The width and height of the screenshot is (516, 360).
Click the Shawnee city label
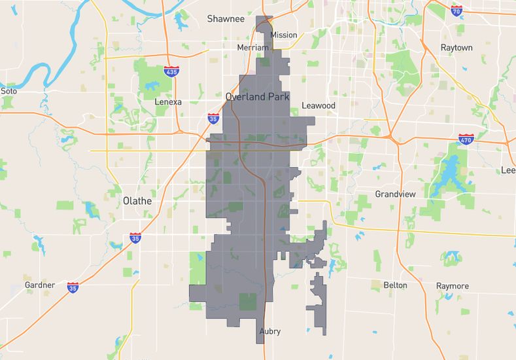pyautogui.click(x=226, y=19)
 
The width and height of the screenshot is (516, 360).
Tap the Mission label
pyautogui.click(x=283, y=35)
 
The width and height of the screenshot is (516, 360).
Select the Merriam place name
pyautogui.click(x=252, y=48)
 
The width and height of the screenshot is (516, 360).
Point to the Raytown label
pyautogui.click(x=456, y=48)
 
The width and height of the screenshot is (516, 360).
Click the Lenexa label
pyautogui.click(x=168, y=102)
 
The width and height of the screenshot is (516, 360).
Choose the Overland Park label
pyautogui.click(x=257, y=96)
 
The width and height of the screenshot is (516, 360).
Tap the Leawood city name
pyautogui.click(x=318, y=105)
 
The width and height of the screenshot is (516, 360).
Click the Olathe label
pyautogui.click(x=137, y=201)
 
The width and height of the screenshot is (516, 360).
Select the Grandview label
pyautogui.click(x=395, y=194)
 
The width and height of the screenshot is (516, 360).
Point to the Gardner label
pyautogui.click(x=40, y=285)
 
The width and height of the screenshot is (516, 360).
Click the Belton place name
pyautogui.click(x=395, y=285)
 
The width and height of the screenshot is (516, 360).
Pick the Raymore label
pyautogui.click(x=453, y=286)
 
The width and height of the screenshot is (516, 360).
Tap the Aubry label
pyautogui.click(x=269, y=331)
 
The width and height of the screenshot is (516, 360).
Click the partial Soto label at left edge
pyautogui.click(x=8, y=91)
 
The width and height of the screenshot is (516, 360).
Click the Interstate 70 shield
pyautogui.click(x=456, y=10)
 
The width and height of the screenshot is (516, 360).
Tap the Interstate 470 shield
pyautogui.click(x=466, y=139)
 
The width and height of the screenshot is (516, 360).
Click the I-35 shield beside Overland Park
pyautogui.click(x=213, y=118)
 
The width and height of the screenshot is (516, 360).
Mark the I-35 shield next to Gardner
pyautogui.click(x=73, y=287)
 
